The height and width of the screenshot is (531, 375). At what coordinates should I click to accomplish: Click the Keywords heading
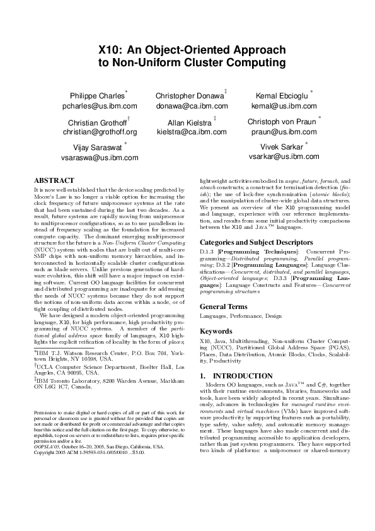216,330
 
